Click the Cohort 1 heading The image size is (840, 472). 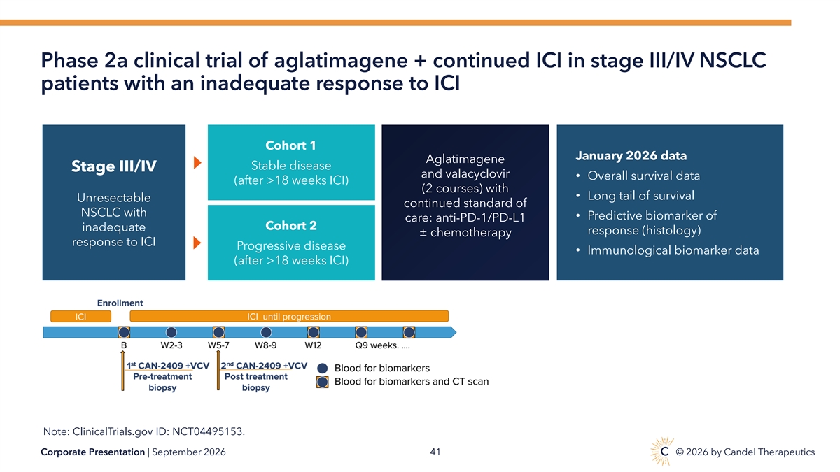coord(290,145)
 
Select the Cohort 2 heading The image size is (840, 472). coord(291,225)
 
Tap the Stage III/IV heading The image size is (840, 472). coord(114,166)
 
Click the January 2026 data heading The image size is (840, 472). coord(631,155)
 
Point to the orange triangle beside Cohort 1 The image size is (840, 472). coord(197,162)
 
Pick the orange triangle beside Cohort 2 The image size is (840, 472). coord(197,243)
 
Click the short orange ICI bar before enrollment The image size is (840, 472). coord(81,317)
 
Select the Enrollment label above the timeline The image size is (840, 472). coord(120,303)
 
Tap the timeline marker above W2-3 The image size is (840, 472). coord(171,332)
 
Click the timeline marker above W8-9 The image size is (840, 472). coord(266,332)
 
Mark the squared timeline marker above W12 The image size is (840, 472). coord(314,332)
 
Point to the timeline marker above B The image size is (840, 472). coord(124,332)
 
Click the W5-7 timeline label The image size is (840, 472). coord(218,345)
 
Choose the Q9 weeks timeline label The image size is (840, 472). coord(382,345)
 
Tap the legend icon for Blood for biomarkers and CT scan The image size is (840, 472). coord(323,382)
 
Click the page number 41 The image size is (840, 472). coord(435,452)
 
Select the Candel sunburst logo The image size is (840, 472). coord(662,452)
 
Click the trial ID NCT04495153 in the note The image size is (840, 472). coord(207,431)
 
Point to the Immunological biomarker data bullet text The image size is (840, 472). coord(673,250)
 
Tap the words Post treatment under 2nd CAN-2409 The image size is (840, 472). coord(255,376)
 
